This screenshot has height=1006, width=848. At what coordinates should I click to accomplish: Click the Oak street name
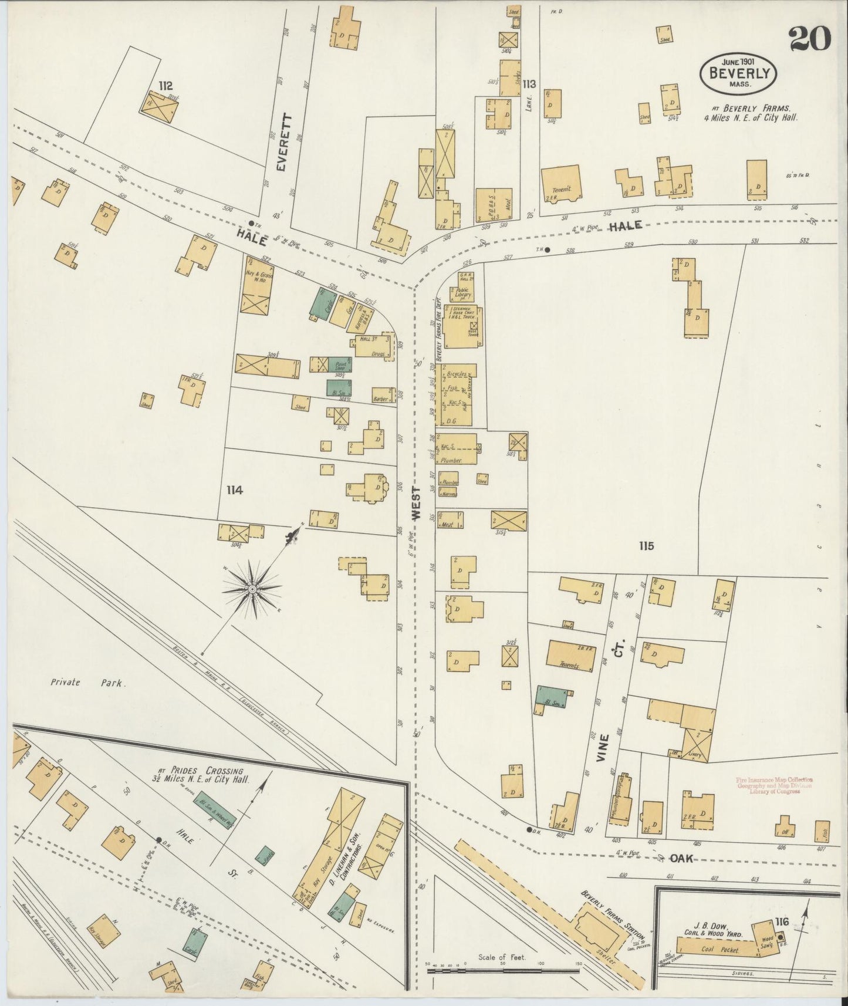[681, 858]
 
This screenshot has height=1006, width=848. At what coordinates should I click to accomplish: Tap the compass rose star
[252, 588]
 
